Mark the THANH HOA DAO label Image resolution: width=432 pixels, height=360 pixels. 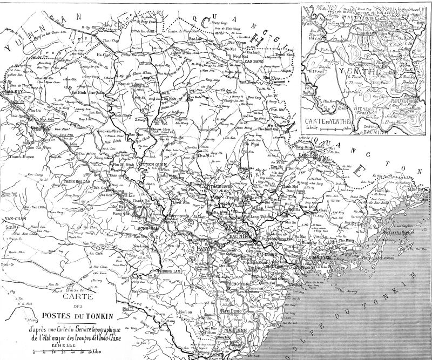coord(79,182)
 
